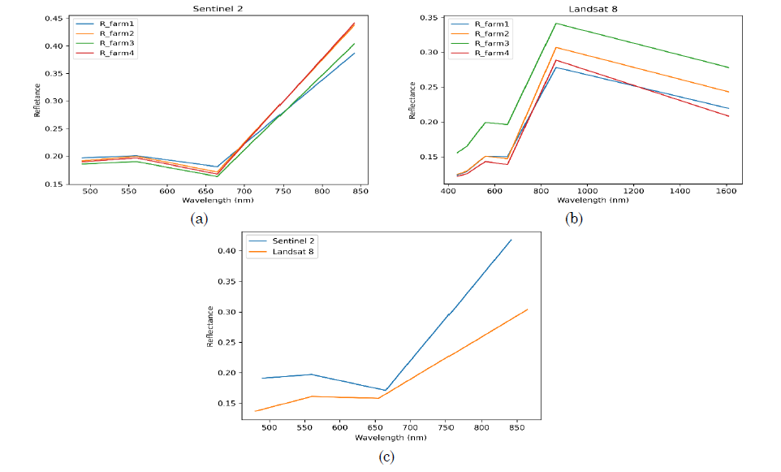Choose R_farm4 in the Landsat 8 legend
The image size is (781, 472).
494,54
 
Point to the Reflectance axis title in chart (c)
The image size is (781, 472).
209,327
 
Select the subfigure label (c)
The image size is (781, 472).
386,457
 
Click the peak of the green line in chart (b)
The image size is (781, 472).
556,23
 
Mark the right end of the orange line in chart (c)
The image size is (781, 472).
528,309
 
